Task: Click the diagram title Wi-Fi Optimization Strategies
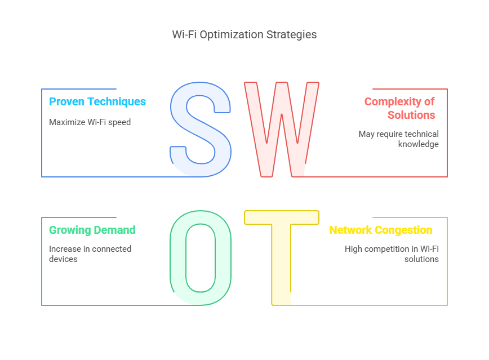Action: pos(244,34)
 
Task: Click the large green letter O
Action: pos(177,257)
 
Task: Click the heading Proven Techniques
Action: pos(97,102)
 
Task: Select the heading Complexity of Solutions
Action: pos(399,108)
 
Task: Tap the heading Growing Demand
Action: pos(92,230)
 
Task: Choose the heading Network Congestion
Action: pos(381,230)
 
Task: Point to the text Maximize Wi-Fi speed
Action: pos(90,122)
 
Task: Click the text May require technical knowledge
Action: pos(398,139)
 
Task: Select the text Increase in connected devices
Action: pos(90,254)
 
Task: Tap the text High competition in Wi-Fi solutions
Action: pos(392,254)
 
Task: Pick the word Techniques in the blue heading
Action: pos(116,102)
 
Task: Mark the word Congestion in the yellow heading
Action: pos(403,230)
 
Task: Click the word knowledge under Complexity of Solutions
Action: pos(418,144)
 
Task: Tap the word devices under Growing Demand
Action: pos(63,259)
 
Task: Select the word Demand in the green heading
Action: pos(114,230)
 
